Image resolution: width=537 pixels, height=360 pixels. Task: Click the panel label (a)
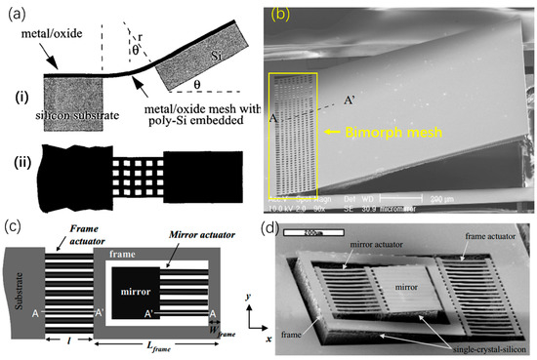point(17,15)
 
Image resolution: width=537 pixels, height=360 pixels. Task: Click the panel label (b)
point(279,15)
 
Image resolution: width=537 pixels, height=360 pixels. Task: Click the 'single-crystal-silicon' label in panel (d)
point(476,349)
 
